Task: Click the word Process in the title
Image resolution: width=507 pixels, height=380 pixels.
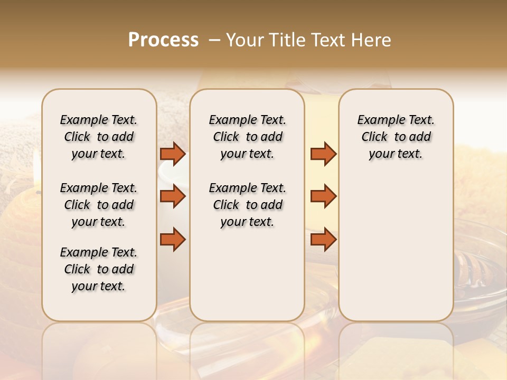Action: (x=163, y=40)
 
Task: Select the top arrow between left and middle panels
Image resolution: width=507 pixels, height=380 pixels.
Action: (x=173, y=154)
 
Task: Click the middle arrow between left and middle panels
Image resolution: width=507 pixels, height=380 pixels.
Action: (x=173, y=197)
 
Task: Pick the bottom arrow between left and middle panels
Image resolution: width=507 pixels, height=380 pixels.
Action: (x=173, y=240)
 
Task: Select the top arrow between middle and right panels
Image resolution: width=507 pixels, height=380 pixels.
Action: (x=323, y=154)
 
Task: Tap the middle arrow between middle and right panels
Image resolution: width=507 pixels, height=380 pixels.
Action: (x=323, y=197)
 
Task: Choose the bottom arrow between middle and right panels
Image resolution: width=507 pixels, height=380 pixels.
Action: (x=323, y=240)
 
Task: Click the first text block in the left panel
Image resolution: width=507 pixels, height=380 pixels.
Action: (x=99, y=137)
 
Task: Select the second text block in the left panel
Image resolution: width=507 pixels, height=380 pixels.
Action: (x=99, y=205)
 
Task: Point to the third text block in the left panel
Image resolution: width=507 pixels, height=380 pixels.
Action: (x=99, y=269)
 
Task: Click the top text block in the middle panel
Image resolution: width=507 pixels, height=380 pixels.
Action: (x=247, y=137)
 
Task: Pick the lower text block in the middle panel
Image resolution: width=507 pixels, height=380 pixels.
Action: (x=247, y=205)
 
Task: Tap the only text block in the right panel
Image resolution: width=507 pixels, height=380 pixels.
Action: (x=396, y=137)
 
